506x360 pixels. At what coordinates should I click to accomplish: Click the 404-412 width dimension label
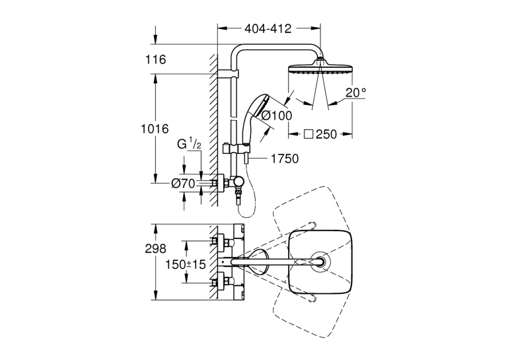pos(268,28)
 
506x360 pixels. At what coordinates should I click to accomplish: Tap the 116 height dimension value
pos(155,59)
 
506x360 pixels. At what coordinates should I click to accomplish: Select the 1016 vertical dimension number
pos(155,129)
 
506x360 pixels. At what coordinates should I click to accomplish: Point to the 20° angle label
pos(356,93)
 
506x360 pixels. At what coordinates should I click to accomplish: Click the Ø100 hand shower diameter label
pos(276,115)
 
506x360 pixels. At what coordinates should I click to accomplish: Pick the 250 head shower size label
pos(326,134)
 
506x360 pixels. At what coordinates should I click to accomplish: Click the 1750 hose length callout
pos(285,159)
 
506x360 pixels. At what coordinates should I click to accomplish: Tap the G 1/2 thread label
pos(189,143)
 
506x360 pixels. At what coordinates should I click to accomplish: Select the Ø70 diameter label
pos(183,184)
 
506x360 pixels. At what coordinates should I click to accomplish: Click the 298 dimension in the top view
pos(155,248)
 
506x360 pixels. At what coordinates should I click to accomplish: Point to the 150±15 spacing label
pos(186,264)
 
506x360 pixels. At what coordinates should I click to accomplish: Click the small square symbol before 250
pos(309,134)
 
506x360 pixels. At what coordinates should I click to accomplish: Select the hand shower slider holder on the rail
pos(236,149)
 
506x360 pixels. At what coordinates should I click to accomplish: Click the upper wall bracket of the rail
pos(229,73)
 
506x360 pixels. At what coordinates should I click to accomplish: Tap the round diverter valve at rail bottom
pos(239,182)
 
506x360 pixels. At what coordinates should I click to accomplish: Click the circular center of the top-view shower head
pos(320,262)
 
